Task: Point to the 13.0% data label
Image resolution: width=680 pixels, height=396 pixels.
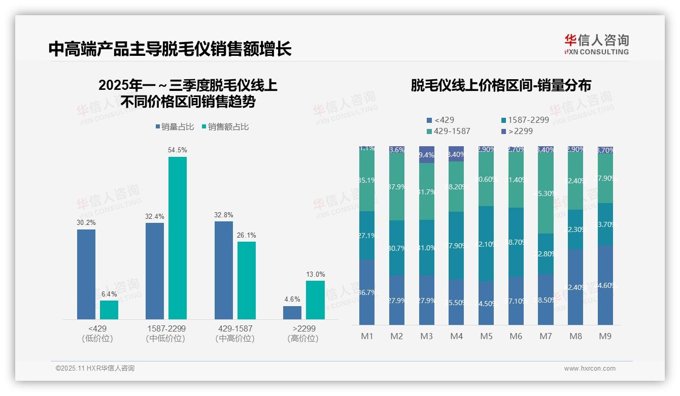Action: (x=315, y=274)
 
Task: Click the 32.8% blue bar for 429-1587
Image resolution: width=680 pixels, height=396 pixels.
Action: (x=223, y=270)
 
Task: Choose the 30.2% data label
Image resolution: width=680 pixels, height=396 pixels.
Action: (x=86, y=222)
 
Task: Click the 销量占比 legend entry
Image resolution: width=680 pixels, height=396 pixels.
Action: (x=175, y=127)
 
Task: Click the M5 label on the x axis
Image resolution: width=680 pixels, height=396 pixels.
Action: (x=486, y=336)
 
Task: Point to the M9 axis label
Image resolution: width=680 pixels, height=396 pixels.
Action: (x=605, y=336)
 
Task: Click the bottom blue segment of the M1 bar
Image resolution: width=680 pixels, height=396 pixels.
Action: (x=367, y=292)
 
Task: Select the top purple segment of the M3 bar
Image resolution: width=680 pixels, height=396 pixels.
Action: (x=427, y=154)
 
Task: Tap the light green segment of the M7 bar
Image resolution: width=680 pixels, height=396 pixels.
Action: (x=546, y=193)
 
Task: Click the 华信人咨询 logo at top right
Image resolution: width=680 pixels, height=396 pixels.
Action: (x=596, y=44)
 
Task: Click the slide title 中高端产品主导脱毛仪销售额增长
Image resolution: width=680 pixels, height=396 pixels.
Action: (x=170, y=49)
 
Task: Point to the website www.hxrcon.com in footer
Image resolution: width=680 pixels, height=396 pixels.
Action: (x=589, y=369)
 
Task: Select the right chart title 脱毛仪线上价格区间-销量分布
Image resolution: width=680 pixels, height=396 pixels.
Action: (x=501, y=85)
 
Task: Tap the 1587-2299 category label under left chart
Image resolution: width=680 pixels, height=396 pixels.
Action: (x=165, y=328)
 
